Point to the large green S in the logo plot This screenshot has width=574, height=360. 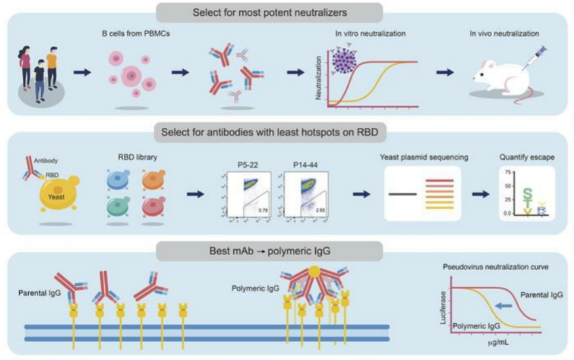(x=527, y=193)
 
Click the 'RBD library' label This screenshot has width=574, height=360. (x=128, y=157)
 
